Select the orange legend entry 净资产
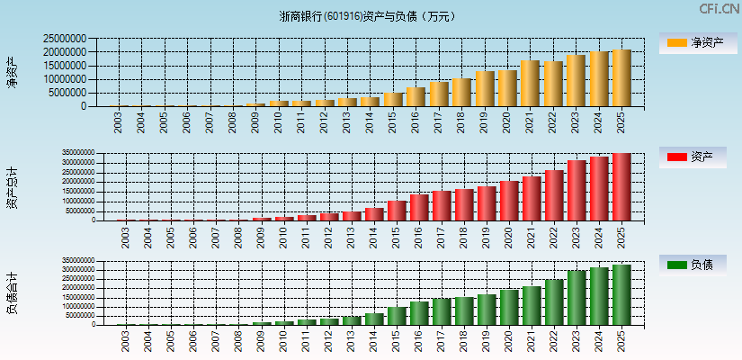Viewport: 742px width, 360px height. [x=695, y=42]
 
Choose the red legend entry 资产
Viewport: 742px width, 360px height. [x=695, y=157]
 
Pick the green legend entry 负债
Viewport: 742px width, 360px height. [x=695, y=265]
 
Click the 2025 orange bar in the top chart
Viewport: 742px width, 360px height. [x=621, y=78]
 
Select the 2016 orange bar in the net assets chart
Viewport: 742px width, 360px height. [x=415, y=97]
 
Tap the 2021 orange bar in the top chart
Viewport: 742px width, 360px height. [x=530, y=84]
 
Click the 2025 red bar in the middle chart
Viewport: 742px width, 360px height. [x=621, y=187]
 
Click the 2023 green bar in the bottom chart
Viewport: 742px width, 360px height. [x=577, y=298]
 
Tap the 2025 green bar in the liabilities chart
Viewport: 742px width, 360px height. [x=621, y=294]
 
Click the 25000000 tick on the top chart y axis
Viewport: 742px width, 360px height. [x=65, y=39]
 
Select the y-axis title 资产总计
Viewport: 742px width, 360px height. [x=13, y=186]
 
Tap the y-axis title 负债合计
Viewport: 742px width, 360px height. [x=13, y=292]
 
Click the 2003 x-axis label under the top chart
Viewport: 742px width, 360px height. [x=119, y=122]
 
